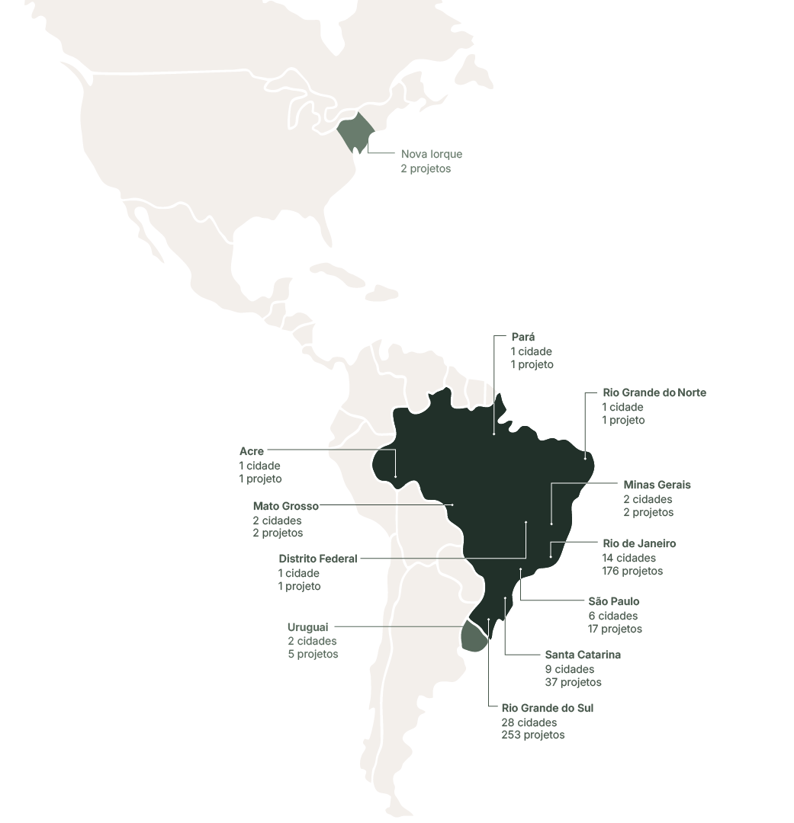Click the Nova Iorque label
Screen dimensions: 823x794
pos(431,154)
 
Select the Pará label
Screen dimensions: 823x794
pos(522,337)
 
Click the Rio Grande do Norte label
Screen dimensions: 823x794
pos(654,392)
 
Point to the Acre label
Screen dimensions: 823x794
pos(252,451)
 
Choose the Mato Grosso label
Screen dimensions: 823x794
pos(285,506)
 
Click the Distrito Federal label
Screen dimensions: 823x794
pos(317,559)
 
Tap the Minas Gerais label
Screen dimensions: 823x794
pos(657,485)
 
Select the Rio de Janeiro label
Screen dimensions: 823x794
pos(638,543)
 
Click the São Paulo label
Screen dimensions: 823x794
pos(613,601)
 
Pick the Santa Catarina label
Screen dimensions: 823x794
pos(582,655)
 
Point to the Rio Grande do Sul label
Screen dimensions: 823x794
pos(547,708)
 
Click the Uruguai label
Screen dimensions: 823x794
pos(308,627)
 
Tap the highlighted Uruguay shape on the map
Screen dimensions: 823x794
pos(474,637)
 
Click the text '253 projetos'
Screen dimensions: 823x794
pos(532,735)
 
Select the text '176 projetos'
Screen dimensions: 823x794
pos(632,571)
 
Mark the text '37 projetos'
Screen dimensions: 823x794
pos(573,682)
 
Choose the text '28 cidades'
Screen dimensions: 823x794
pos(529,722)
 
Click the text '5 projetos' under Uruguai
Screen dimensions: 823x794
pos(313,654)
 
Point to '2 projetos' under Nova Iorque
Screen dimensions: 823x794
pos(426,168)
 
